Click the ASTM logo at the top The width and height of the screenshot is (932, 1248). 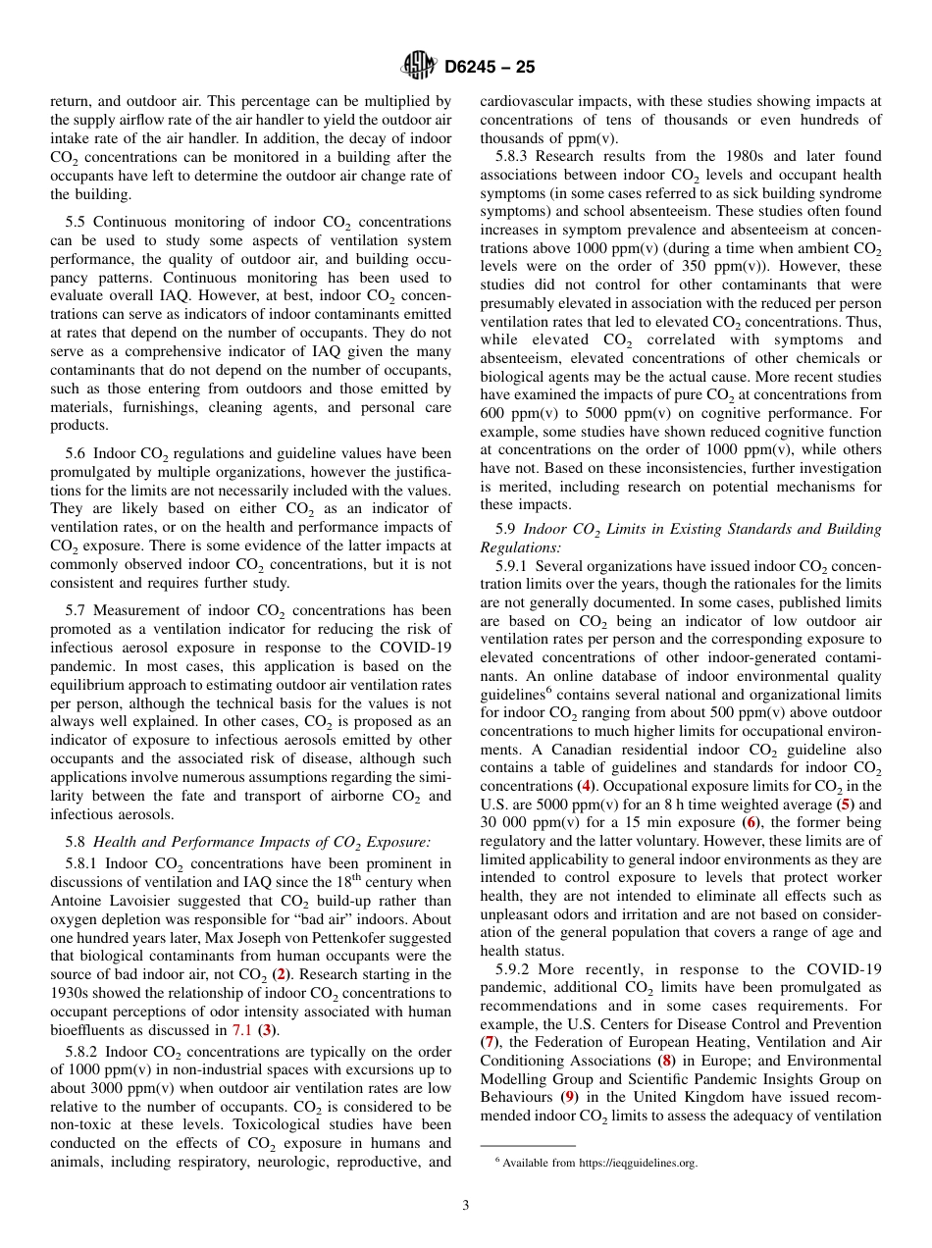pos(419,67)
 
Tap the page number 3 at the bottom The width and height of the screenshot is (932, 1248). pos(466,1205)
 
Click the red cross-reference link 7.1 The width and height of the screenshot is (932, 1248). pos(241,1029)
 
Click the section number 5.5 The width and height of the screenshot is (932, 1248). pos(78,222)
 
